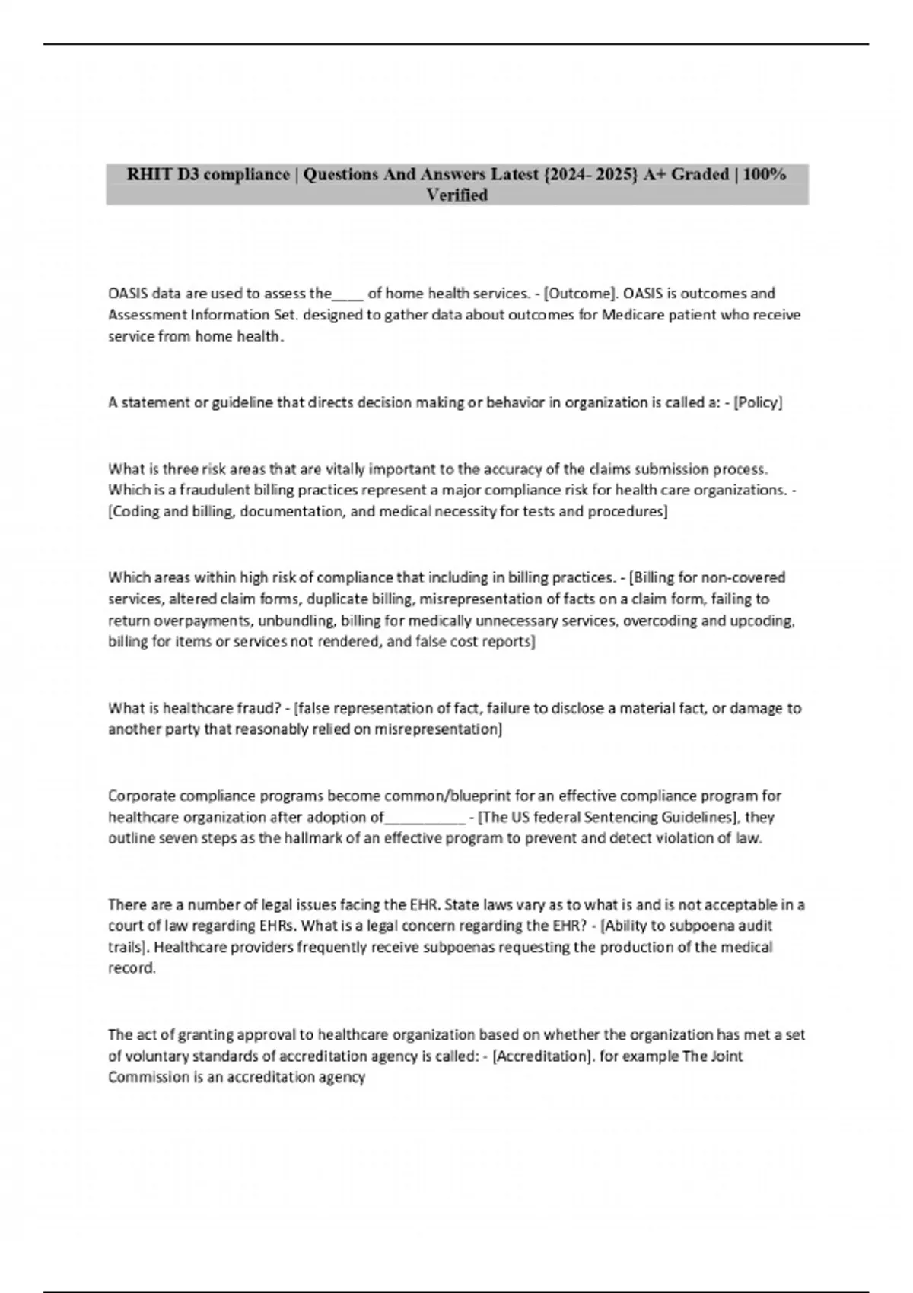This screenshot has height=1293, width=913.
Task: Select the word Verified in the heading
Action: [456, 195]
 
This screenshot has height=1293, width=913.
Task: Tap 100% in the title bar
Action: [764, 175]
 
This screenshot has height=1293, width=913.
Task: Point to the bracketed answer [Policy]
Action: [758, 402]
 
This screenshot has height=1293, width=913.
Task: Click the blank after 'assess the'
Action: [349, 295]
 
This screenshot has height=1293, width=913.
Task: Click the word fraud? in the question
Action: [258, 708]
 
